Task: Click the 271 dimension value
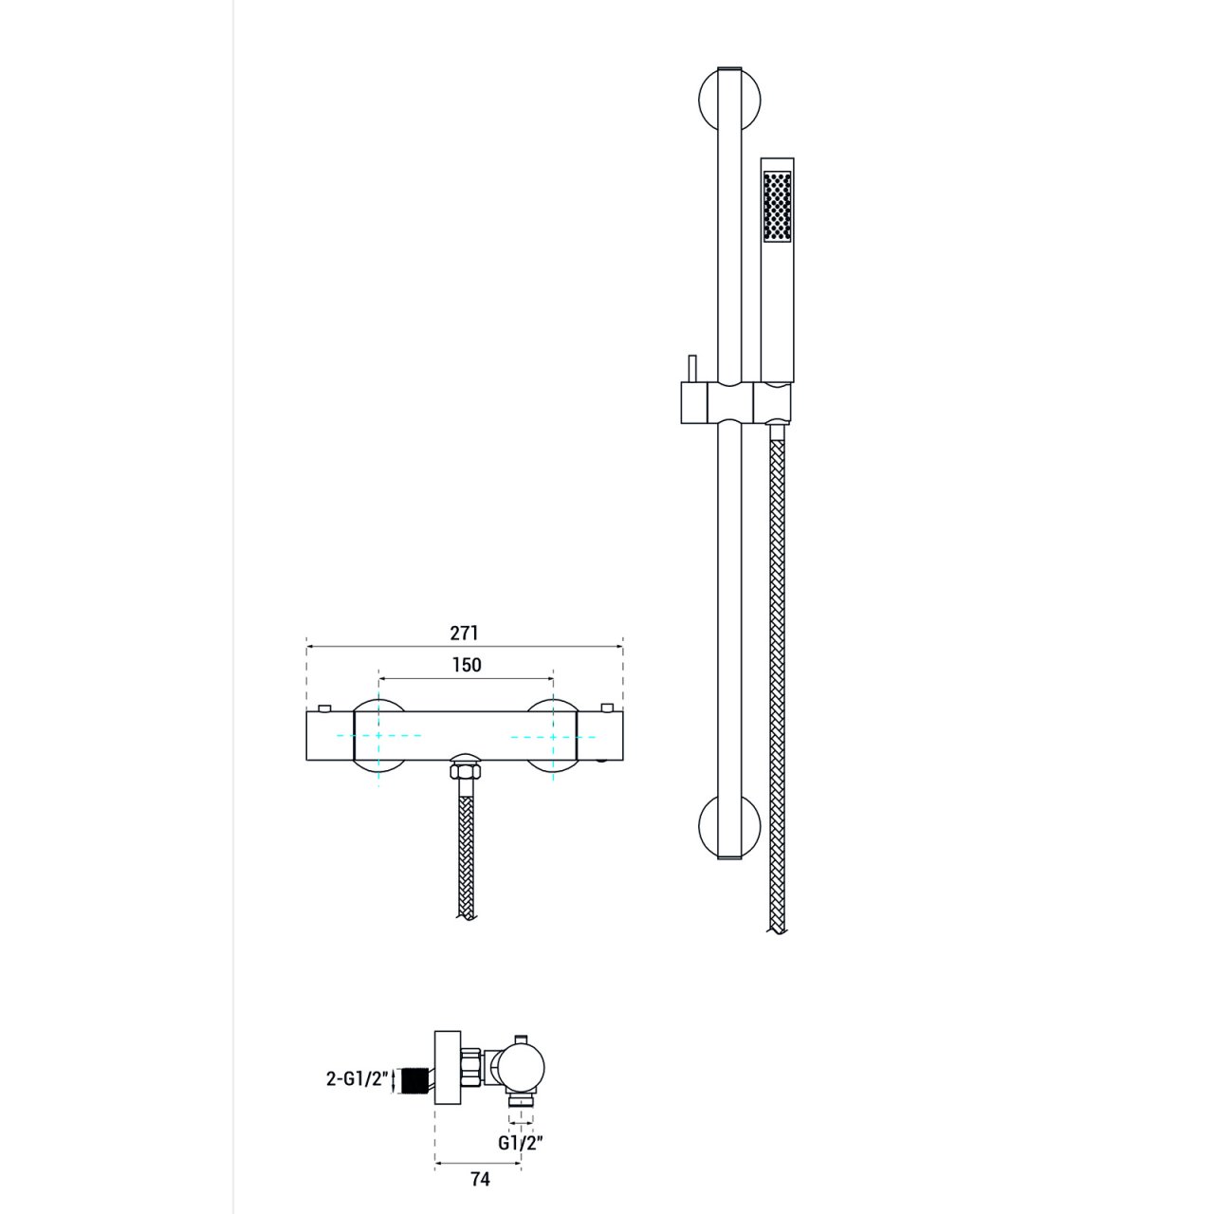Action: (x=465, y=633)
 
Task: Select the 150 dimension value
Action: (x=467, y=665)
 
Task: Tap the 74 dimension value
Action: (x=480, y=1179)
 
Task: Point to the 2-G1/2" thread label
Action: (x=357, y=1079)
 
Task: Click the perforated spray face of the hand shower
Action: (x=777, y=206)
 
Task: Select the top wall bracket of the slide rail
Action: (x=730, y=99)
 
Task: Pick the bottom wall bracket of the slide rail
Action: (x=730, y=826)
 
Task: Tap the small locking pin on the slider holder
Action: (x=690, y=369)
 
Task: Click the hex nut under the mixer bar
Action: (x=465, y=771)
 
